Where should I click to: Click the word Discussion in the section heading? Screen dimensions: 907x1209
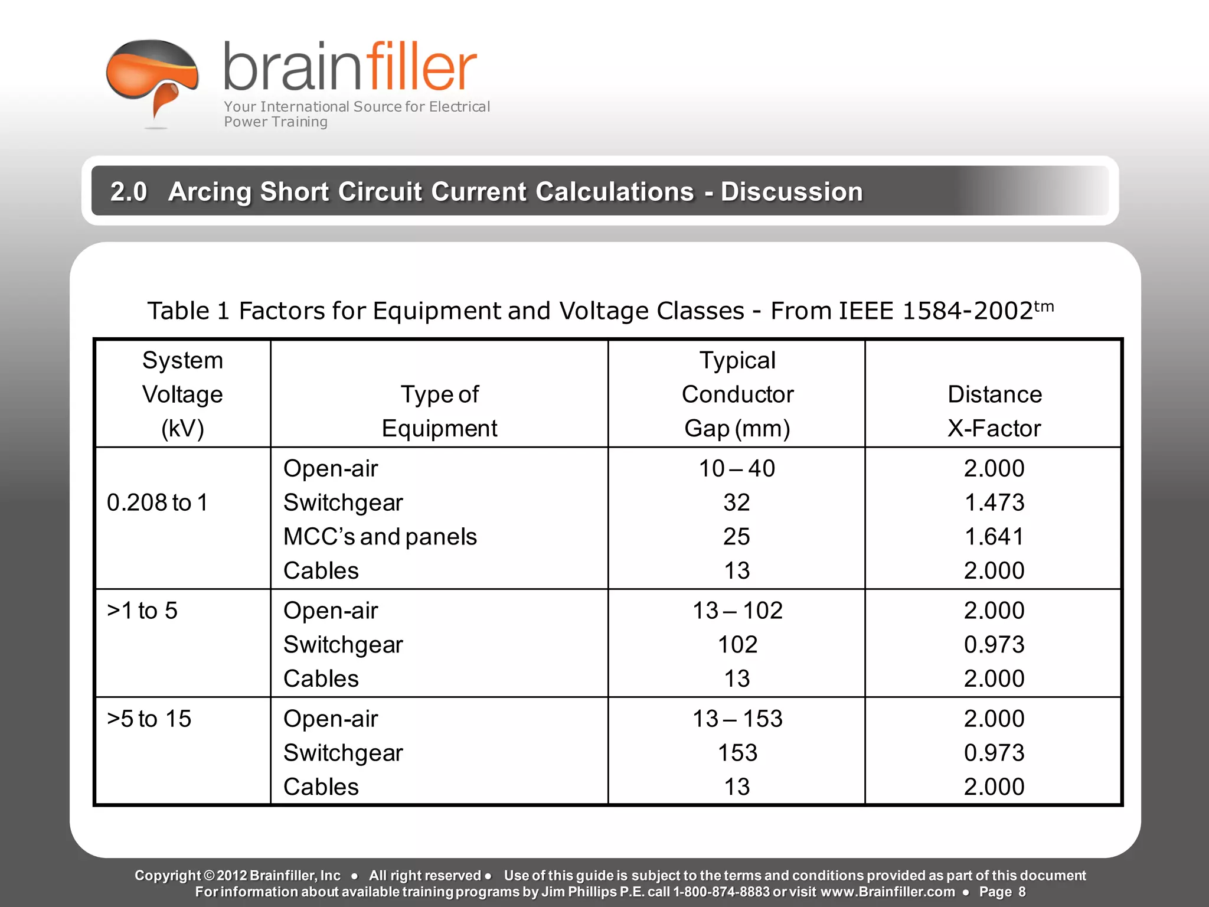792,192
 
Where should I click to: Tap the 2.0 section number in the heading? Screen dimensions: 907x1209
129,192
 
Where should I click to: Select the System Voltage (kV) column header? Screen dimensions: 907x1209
182,394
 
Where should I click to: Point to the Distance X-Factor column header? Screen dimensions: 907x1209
994,411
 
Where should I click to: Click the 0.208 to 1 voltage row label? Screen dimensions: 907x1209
158,503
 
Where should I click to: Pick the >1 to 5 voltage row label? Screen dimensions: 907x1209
142,611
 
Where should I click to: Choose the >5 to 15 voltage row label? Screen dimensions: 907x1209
149,719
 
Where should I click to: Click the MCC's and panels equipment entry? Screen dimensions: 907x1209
380,537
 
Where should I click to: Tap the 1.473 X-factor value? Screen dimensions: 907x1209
994,503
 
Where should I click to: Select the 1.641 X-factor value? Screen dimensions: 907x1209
994,537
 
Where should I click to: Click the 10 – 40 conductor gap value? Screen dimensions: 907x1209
737,469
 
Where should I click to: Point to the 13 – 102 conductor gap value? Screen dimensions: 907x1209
737,611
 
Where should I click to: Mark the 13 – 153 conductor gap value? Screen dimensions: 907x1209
737,719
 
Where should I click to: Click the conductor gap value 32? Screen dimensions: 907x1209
737,503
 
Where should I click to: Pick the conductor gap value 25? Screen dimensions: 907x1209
737,537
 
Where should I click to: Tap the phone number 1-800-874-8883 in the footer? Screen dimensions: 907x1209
721,892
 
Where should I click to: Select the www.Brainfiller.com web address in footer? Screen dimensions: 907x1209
888,892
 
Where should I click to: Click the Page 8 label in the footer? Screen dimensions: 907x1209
1002,892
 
